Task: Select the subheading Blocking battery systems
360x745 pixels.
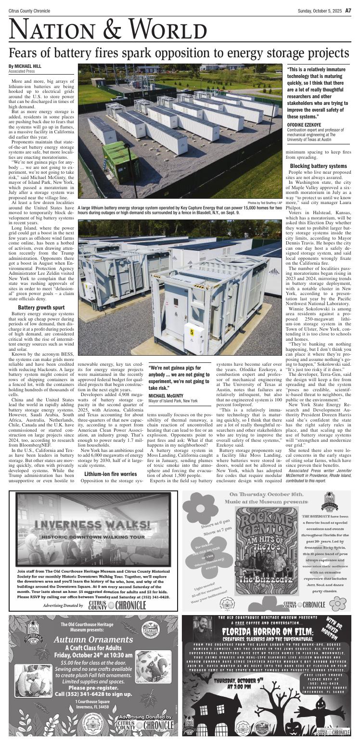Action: click(x=318, y=166)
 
